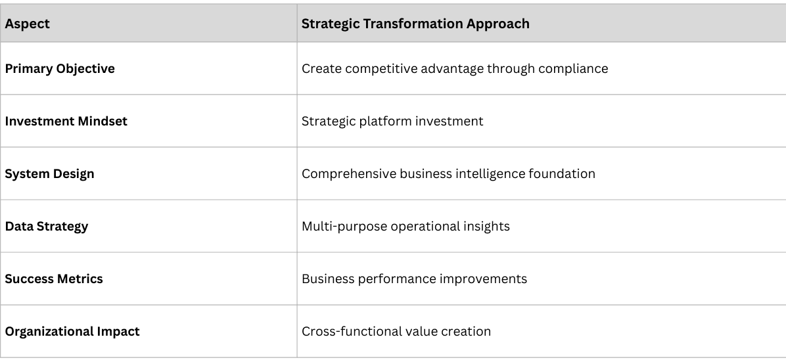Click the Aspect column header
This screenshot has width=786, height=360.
click(28, 24)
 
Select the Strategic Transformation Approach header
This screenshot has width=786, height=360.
click(415, 24)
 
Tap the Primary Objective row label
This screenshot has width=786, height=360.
click(60, 69)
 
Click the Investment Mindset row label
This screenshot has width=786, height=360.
click(66, 122)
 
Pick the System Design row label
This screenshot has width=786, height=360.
click(50, 174)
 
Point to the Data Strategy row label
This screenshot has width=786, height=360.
click(47, 227)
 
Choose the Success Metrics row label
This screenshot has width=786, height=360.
click(54, 279)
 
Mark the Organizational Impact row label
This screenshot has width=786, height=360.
click(72, 332)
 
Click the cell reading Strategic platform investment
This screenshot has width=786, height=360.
click(392, 122)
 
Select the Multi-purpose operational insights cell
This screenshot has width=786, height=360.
click(405, 227)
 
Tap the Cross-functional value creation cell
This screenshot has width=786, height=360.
click(396, 332)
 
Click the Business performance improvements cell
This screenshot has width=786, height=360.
click(414, 279)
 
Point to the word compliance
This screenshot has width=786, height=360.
click(574, 69)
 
